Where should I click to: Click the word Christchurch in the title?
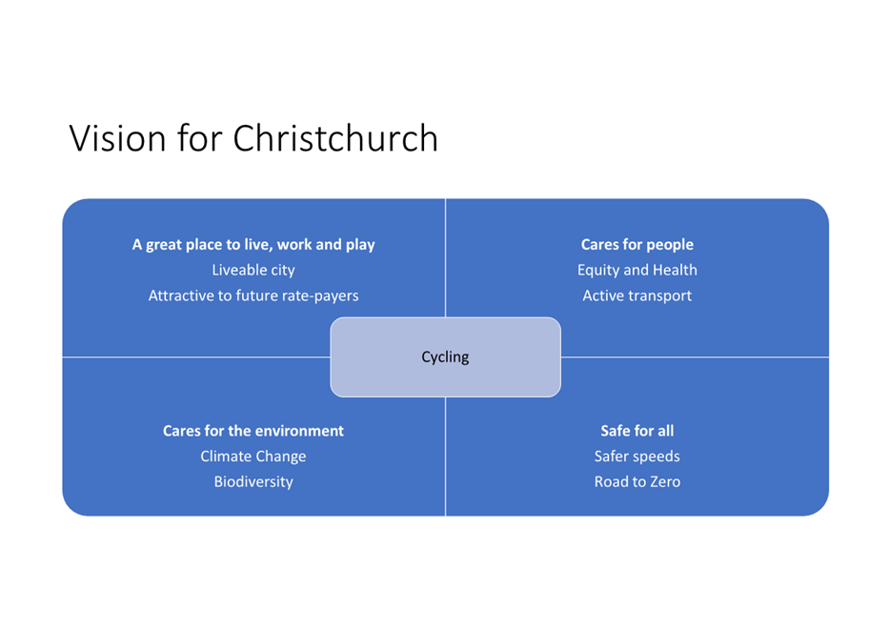coord(334,138)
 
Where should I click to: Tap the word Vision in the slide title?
coord(117,138)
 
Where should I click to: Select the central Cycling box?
coord(446,357)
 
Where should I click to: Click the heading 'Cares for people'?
coord(637,245)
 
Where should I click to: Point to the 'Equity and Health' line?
coord(637,270)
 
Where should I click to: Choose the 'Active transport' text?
coord(637,295)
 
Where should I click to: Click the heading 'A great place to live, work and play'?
coord(253,245)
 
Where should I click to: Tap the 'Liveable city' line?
coord(253,270)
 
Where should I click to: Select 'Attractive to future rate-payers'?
coord(253,295)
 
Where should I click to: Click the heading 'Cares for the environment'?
coord(253,431)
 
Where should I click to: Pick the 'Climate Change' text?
coord(253,457)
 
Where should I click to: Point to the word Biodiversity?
coord(253,482)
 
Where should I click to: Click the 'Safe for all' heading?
coord(637,431)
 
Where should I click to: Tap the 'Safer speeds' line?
coord(637,457)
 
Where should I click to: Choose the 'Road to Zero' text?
coord(637,482)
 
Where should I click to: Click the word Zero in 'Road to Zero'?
coord(665,482)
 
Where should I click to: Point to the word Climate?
coord(224,457)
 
